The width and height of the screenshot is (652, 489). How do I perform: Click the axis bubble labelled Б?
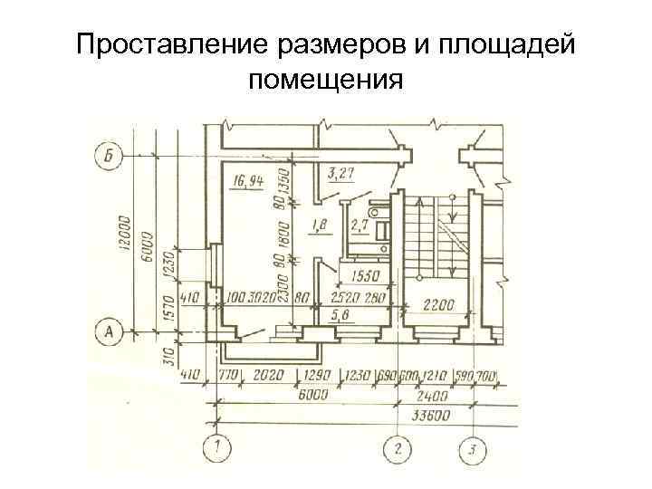(108, 156)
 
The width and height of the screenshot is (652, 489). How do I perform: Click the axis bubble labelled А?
(108, 333)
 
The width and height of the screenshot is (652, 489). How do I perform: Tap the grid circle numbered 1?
(218, 447)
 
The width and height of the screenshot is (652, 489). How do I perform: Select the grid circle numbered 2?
(397, 447)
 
